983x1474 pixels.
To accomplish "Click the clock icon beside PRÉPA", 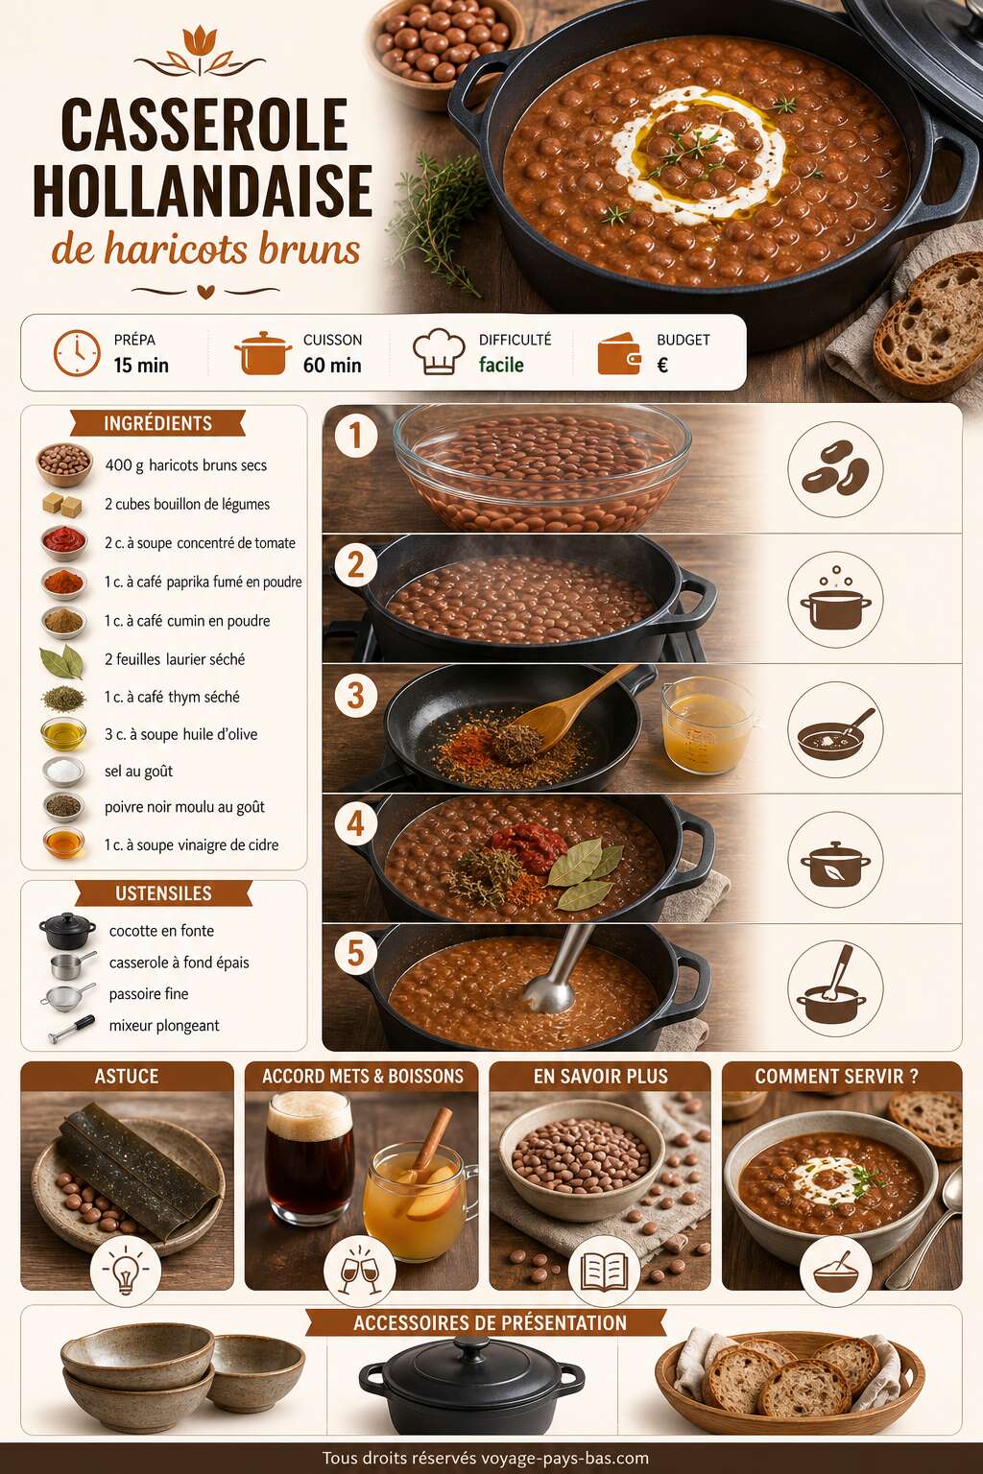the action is pos(77,353).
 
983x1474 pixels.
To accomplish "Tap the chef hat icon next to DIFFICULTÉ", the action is pos(439,351).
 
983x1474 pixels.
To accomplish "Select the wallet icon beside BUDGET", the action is pos(619,354).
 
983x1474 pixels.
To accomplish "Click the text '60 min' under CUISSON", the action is pos(332,366).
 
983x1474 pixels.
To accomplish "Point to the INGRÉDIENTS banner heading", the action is pos(158,423).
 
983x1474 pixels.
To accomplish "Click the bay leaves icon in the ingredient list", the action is pos(62,660).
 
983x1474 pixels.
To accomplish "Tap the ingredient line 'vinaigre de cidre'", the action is pos(192,844).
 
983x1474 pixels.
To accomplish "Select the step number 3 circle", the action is pos(355,696).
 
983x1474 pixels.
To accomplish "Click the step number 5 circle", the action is pos(355,952).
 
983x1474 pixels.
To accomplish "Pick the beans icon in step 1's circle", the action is pos(835,468).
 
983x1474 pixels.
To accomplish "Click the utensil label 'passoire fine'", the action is pos(149,993).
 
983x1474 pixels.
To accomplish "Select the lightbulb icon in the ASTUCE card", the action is pos(125,1270).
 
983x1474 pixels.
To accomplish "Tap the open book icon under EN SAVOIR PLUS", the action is pos(604,1271).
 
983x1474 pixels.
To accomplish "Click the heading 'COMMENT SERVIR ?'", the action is pos(836,1077).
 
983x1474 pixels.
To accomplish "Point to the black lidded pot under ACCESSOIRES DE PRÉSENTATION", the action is pos(471,1382).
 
